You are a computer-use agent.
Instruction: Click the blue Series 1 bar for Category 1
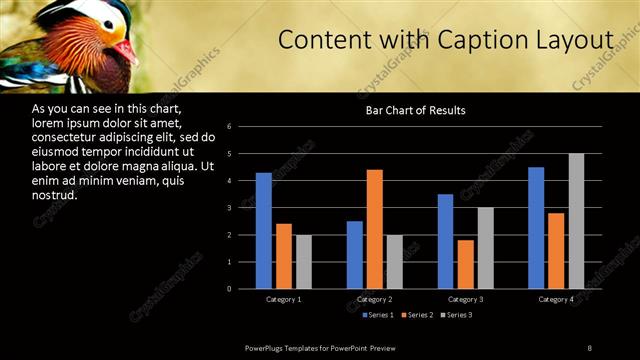point(264,231)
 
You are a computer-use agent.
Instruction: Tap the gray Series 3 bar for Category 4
point(576,221)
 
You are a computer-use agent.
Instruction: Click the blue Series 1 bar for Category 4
point(536,228)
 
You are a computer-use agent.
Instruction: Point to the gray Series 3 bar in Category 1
point(304,262)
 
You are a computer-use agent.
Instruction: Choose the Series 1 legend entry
point(375,316)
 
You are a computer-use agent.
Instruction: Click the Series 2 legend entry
point(416,316)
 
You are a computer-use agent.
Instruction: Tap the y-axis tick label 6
point(230,127)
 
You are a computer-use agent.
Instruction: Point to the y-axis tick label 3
point(230,208)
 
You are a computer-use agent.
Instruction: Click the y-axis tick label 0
point(230,289)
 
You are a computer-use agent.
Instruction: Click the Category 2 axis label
point(374,299)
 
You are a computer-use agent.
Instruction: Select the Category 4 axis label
point(556,299)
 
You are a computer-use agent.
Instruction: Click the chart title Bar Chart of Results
point(415,110)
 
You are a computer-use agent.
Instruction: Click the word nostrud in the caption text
point(55,195)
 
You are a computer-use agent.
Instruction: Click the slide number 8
point(590,347)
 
